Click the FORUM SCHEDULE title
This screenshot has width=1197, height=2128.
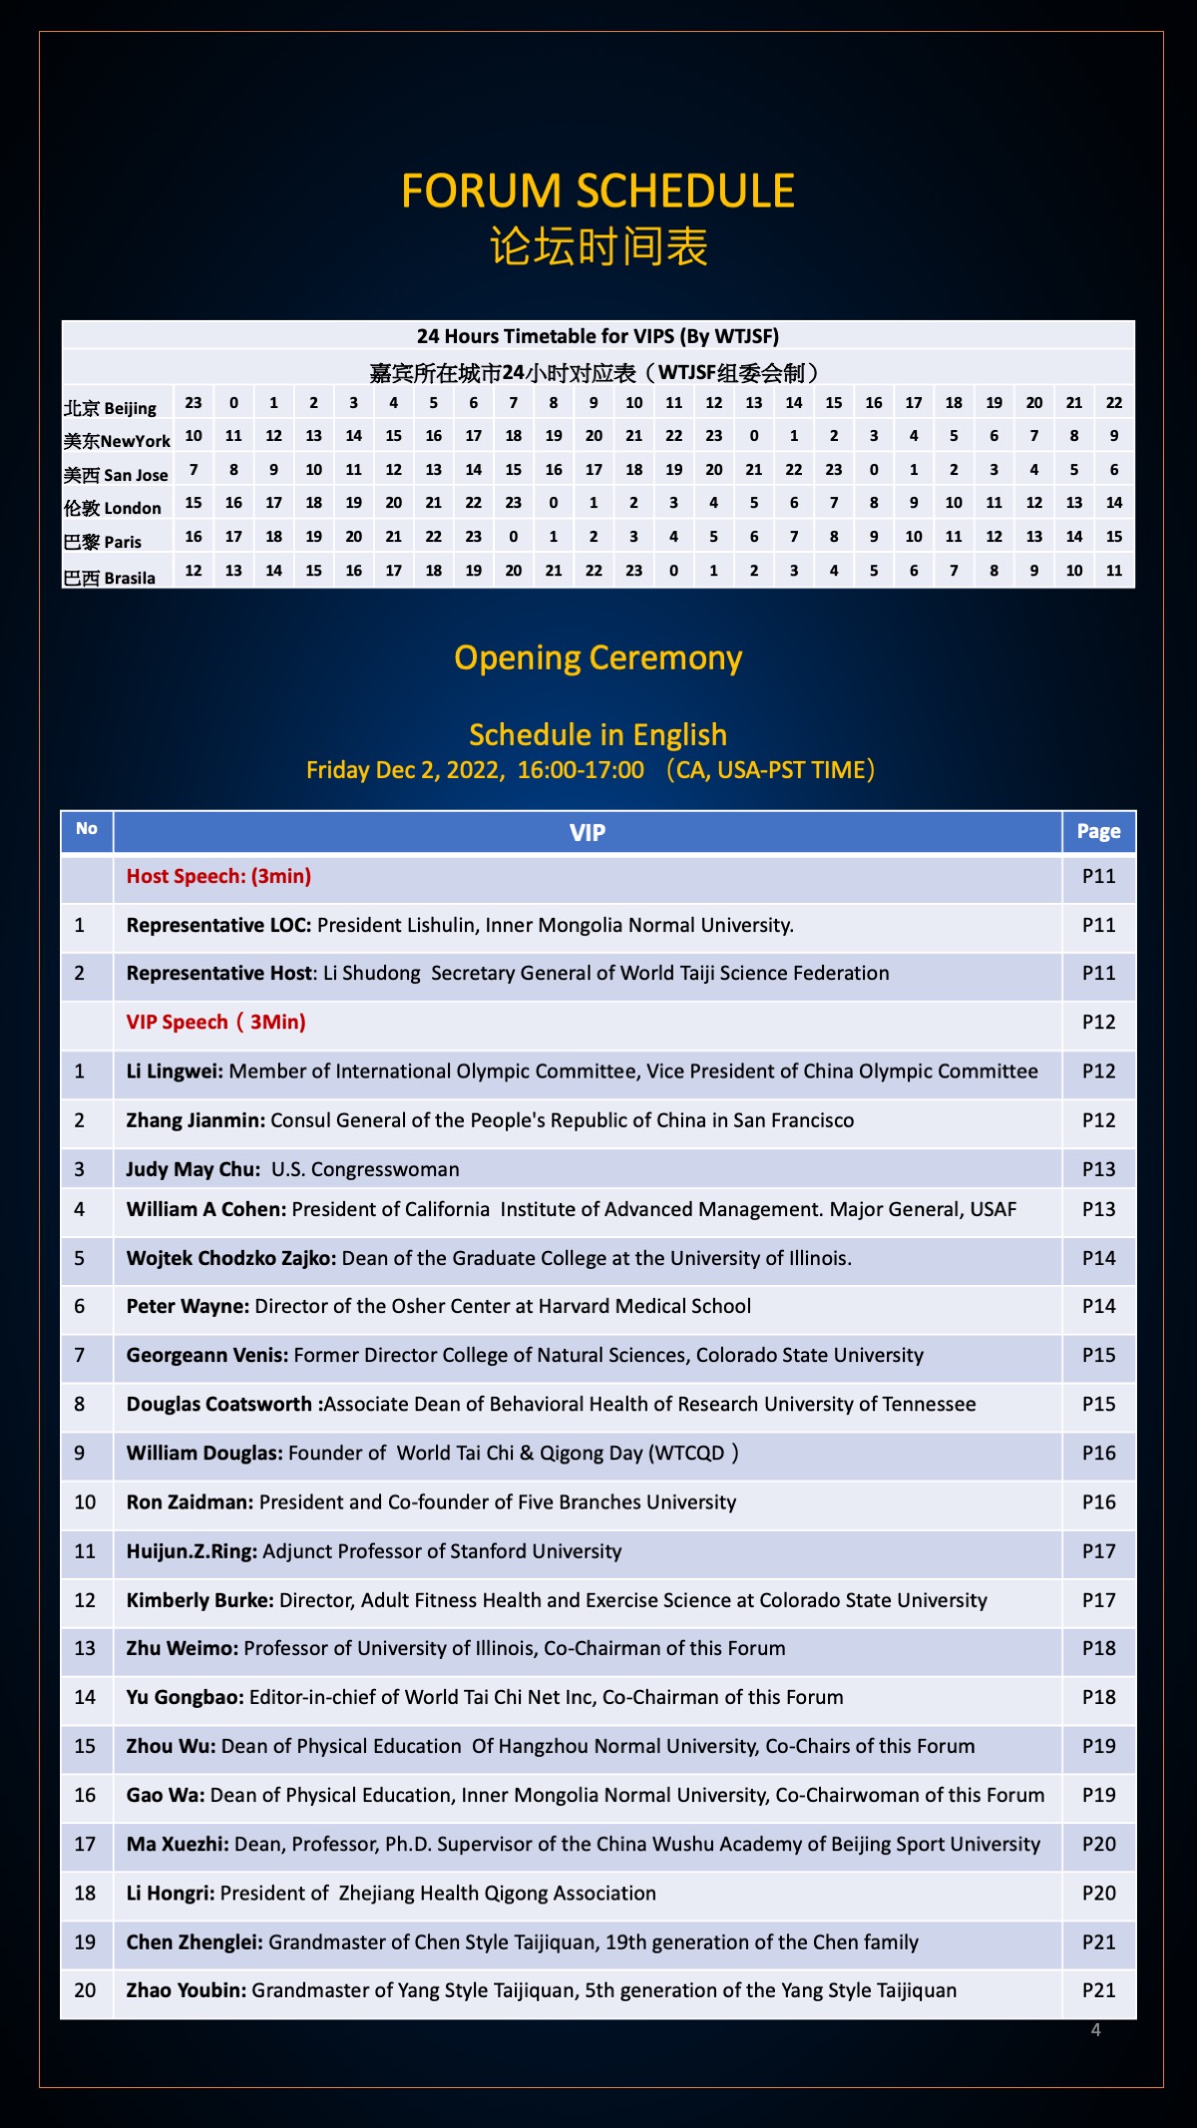[x=598, y=191]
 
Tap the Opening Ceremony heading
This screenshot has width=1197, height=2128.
[x=598, y=658]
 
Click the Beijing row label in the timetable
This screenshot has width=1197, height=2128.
[x=111, y=407]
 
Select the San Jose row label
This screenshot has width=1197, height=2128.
[x=116, y=475]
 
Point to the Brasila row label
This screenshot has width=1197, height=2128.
[x=110, y=578]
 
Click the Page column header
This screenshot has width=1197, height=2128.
[x=1098, y=831]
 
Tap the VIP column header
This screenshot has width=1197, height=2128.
[x=587, y=832]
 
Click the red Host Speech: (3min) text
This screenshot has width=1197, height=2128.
[x=218, y=876]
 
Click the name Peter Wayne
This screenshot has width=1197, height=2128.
[x=187, y=1306]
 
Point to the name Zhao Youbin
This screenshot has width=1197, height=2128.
[x=186, y=1990]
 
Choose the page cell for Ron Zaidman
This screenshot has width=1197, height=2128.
[x=1098, y=1502]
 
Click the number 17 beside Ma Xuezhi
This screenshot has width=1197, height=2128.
[x=85, y=1844]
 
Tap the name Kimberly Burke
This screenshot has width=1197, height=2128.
[x=199, y=1600]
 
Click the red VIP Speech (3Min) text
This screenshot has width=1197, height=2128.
[x=216, y=1022]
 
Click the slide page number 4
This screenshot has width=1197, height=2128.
[x=1095, y=2029]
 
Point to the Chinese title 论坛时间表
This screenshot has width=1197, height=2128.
[x=598, y=246]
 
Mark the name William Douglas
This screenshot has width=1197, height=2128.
[x=204, y=1453]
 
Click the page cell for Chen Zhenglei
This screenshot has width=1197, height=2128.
[x=1098, y=1941]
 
